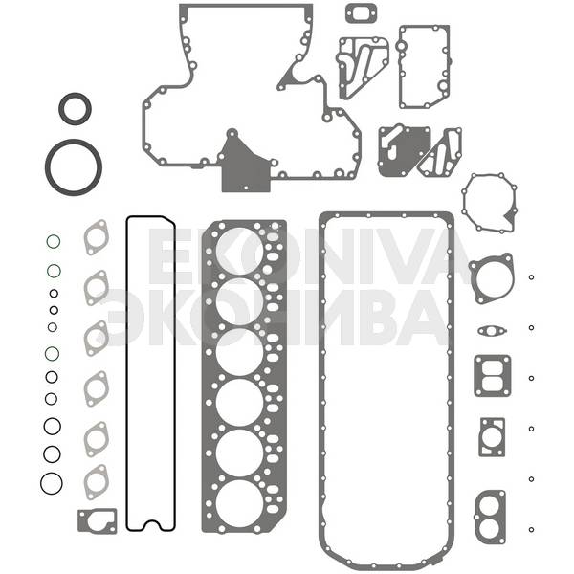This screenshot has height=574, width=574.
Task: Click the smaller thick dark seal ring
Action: point(75,97)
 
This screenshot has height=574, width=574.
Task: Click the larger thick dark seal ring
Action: point(74,143)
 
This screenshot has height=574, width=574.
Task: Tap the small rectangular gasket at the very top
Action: point(361,7)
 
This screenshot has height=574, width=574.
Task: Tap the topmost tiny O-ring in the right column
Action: point(531,277)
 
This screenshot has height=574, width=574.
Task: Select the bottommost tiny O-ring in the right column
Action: point(531,529)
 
